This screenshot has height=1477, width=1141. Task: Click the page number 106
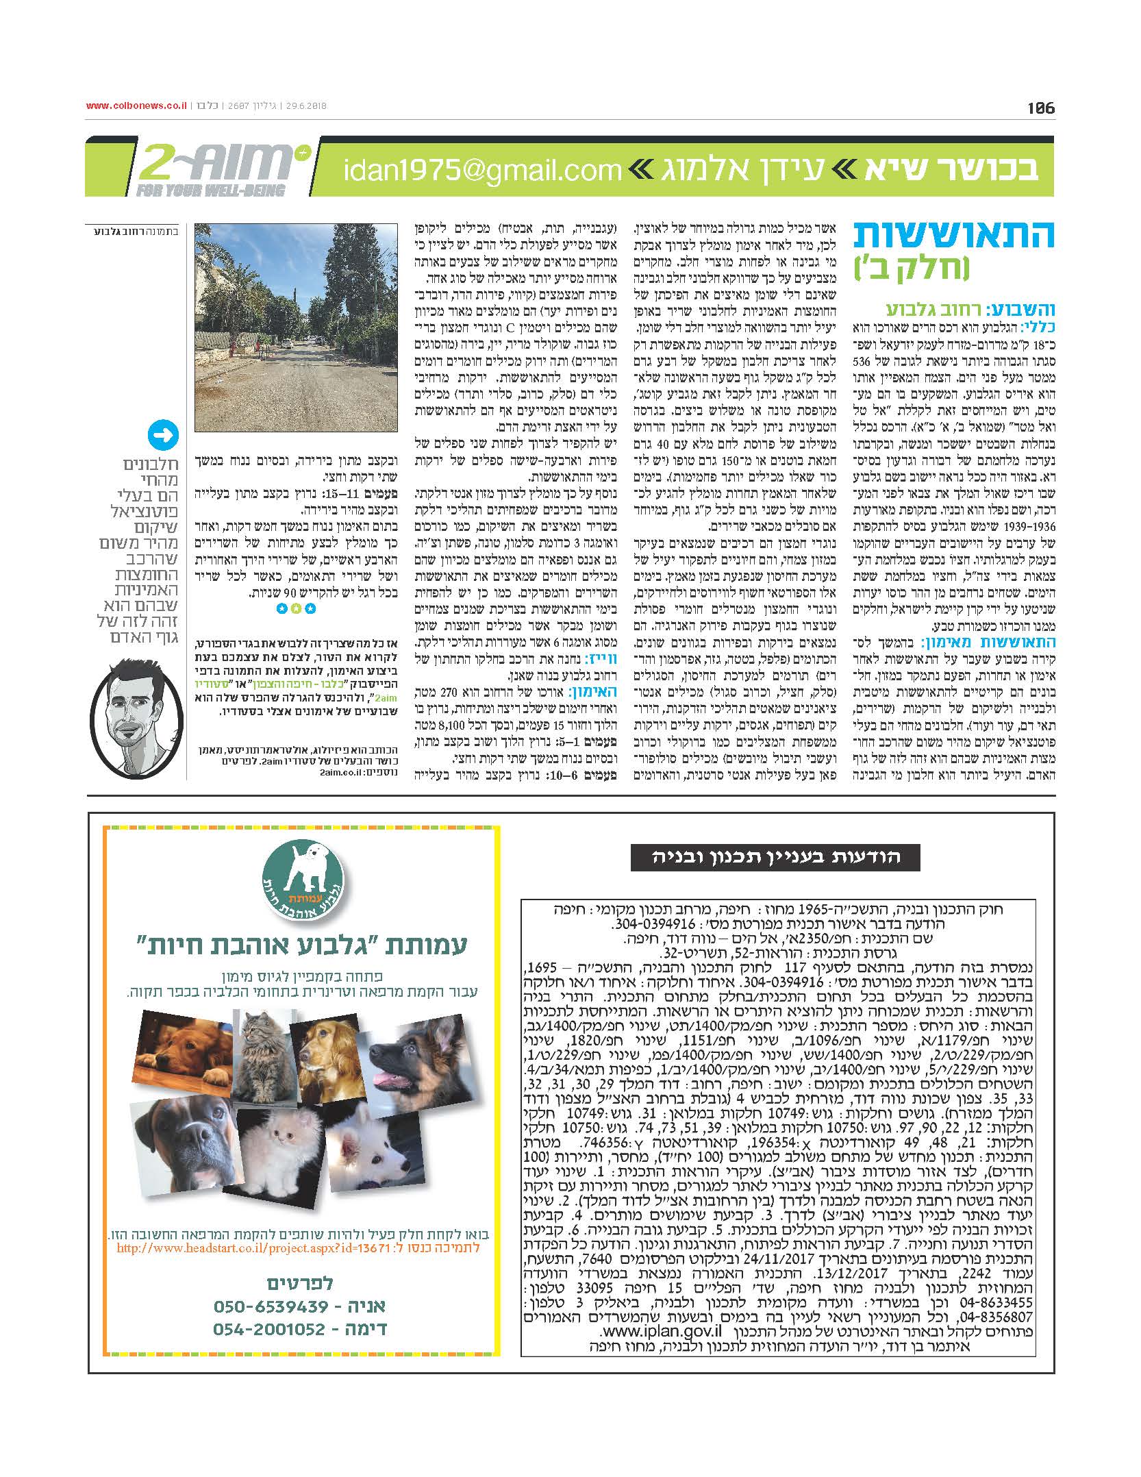[x=1041, y=108]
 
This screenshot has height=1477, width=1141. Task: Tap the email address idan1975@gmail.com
[x=483, y=169]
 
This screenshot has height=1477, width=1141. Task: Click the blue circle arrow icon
[x=163, y=436]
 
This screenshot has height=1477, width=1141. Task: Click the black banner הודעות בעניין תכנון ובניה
[x=775, y=857]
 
